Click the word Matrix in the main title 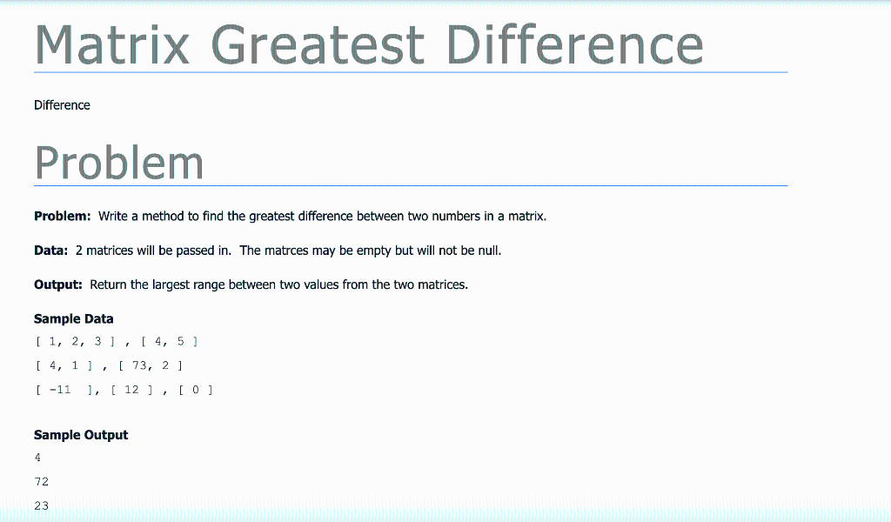click(112, 44)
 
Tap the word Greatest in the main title click(318, 44)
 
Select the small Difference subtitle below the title click(62, 105)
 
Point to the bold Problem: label click(63, 216)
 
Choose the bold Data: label click(50, 251)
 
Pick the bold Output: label click(58, 284)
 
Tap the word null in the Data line click(489, 251)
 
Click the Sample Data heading click(74, 318)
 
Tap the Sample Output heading click(81, 435)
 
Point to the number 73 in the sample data click(139, 365)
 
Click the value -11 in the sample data click(60, 390)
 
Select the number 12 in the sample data click(131, 390)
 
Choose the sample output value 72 click(42, 481)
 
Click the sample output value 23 click(42, 505)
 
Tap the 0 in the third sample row click(196, 390)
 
